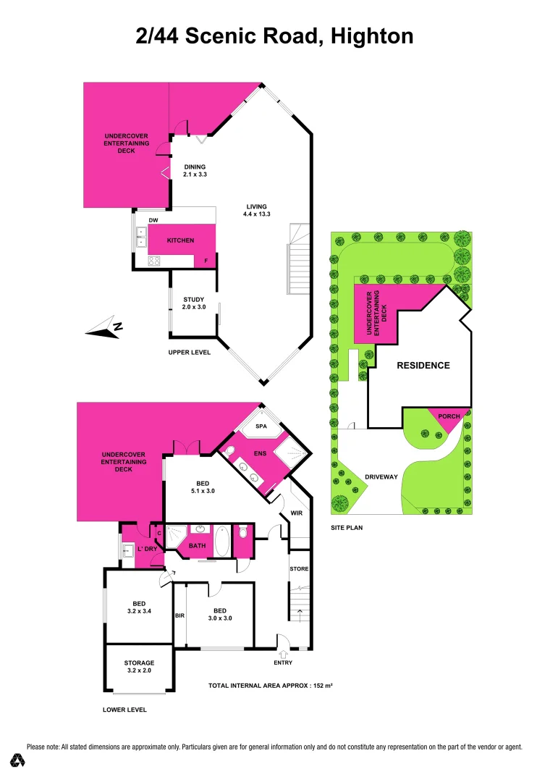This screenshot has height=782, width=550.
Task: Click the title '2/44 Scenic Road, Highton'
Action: pyautogui.click(x=275, y=36)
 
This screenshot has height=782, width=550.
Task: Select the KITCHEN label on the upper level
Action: pyautogui.click(x=180, y=240)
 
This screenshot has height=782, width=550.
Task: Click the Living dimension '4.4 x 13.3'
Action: pyautogui.click(x=258, y=214)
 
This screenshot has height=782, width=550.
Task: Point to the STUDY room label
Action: pyautogui.click(x=193, y=300)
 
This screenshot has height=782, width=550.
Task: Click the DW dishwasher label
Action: pyautogui.click(x=153, y=220)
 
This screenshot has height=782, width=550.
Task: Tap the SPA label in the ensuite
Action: pyautogui.click(x=261, y=427)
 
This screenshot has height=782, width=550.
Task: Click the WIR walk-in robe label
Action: pyautogui.click(x=295, y=513)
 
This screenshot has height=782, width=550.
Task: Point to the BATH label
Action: pyautogui.click(x=197, y=545)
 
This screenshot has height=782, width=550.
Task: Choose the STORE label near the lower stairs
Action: pyautogui.click(x=299, y=569)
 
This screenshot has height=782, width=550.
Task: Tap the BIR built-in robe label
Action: pyautogui.click(x=180, y=615)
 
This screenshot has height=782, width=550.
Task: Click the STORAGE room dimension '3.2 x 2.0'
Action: pyautogui.click(x=139, y=671)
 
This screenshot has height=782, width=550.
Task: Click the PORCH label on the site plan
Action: pyautogui.click(x=449, y=417)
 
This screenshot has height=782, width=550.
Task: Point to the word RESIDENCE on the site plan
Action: pyautogui.click(x=423, y=366)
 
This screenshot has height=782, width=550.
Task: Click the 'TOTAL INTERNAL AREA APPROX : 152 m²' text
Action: pyautogui.click(x=270, y=685)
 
